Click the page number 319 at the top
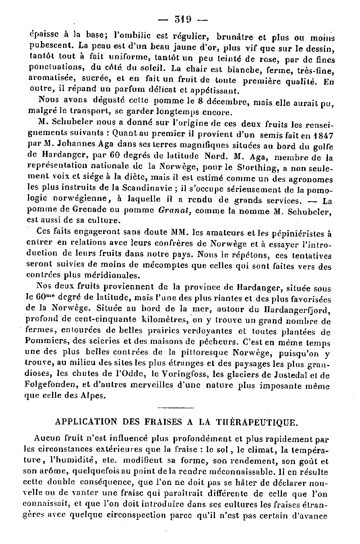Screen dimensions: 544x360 pyautogui.click(x=183, y=19)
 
